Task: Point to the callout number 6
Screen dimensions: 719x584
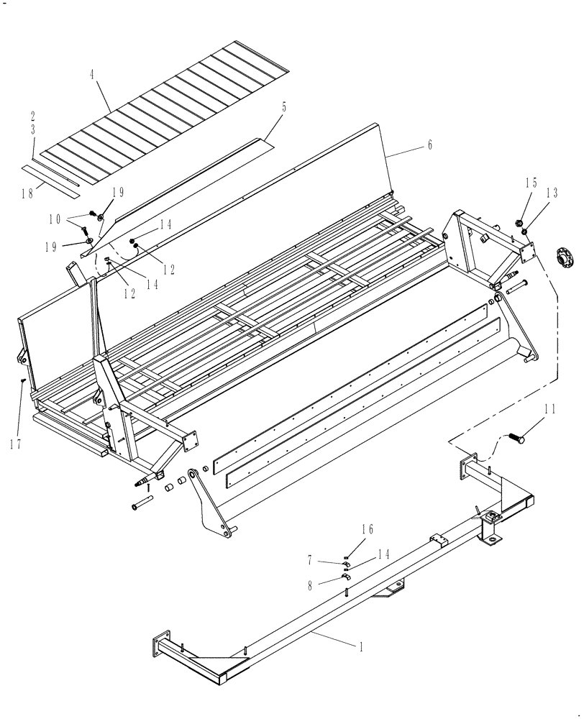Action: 429,145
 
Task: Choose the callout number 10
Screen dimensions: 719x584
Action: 74,219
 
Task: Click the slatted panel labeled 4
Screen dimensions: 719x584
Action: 165,115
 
